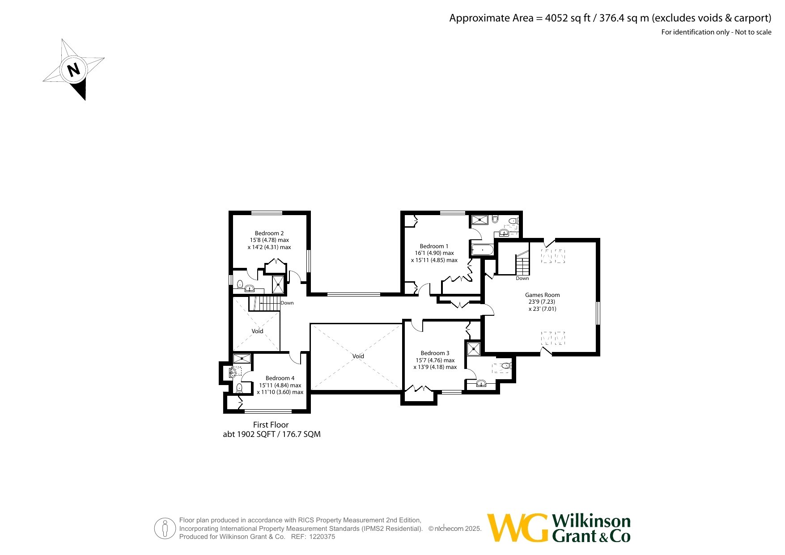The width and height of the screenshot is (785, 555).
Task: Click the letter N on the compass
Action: [73, 70]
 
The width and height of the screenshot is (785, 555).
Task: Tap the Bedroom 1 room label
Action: [434, 246]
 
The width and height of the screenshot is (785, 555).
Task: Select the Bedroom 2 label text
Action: [269, 233]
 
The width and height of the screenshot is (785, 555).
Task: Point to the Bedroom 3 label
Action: [435, 353]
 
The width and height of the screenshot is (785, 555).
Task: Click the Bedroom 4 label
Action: [280, 378]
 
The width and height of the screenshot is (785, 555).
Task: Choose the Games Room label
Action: [542, 295]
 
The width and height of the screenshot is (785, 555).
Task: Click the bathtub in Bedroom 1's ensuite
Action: [482, 250]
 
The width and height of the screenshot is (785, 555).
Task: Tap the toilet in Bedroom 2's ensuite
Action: [240, 284]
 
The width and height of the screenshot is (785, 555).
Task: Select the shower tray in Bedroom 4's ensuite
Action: [242, 358]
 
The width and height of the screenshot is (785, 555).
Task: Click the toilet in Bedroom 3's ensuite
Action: [506, 366]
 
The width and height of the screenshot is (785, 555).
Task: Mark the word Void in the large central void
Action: [358, 356]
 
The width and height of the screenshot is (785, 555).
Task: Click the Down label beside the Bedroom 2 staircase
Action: [287, 303]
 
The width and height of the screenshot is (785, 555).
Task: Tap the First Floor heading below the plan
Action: [271, 425]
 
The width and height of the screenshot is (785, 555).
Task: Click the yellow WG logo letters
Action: [518, 528]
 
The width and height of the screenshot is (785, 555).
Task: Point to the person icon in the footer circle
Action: [165, 529]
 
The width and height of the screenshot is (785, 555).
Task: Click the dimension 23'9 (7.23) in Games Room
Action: [542, 301]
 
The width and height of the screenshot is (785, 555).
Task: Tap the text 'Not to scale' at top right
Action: [753, 32]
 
